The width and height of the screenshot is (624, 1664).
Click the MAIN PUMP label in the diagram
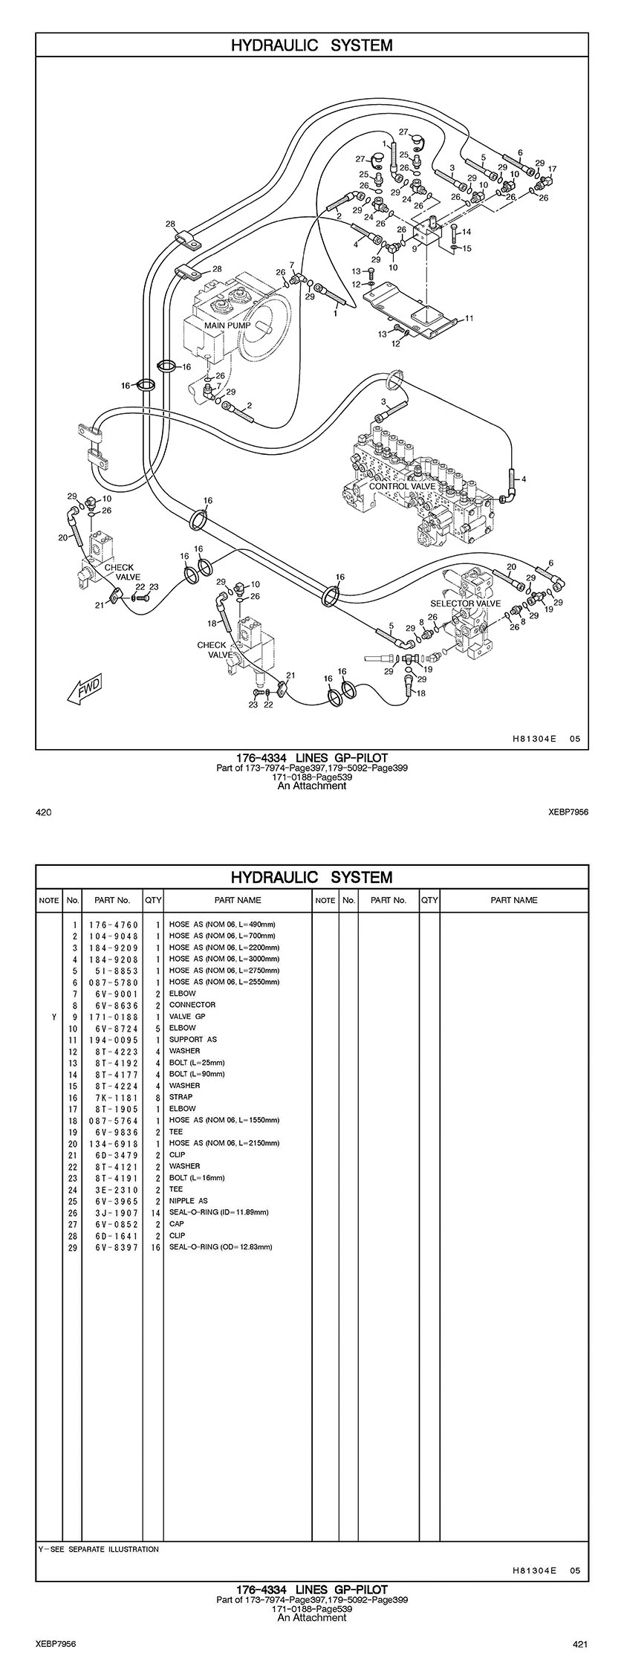[x=227, y=326]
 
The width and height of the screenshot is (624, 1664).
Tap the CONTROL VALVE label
[x=402, y=486]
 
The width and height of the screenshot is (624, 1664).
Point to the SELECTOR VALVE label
[x=465, y=603]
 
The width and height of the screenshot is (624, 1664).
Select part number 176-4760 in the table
[x=114, y=925]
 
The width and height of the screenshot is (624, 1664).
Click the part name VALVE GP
[x=187, y=1016]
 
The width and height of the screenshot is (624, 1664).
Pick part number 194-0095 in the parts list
[x=114, y=1039]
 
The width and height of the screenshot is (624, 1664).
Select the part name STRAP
[x=181, y=1097]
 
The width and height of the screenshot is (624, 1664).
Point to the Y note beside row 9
[x=53, y=1016]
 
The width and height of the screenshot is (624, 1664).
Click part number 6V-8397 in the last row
[x=114, y=1246]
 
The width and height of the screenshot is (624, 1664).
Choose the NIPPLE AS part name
[x=189, y=1200]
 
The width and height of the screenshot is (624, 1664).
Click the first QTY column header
[x=153, y=900]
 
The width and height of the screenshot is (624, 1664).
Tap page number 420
[x=44, y=812]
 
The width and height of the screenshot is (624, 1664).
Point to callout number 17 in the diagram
[x=552, y=169]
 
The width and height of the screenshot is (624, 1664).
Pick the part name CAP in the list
[x=177, y=1223]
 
